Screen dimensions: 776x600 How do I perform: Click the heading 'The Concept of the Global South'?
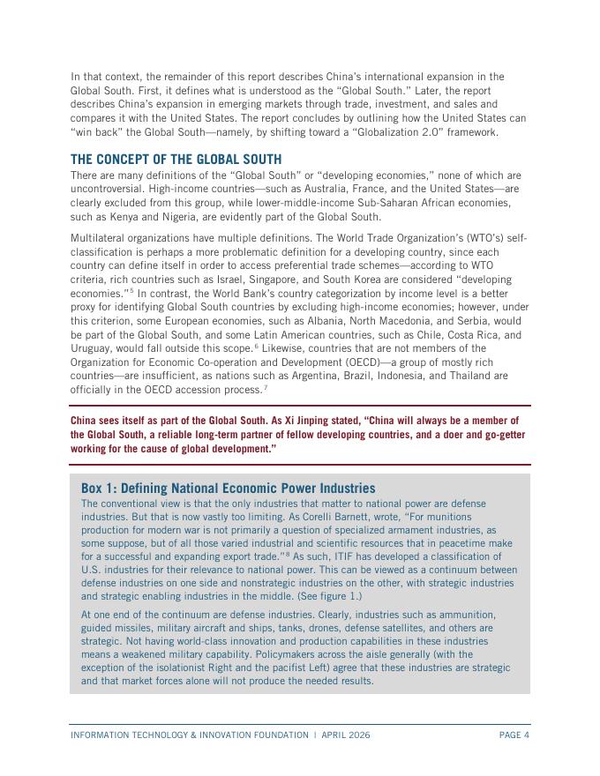coord(176,160)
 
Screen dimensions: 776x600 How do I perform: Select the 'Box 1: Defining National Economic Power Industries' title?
coord(228,489)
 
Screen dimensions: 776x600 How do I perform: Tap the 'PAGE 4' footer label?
coord(514,735)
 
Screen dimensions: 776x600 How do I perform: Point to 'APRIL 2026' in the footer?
coord(346,735)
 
